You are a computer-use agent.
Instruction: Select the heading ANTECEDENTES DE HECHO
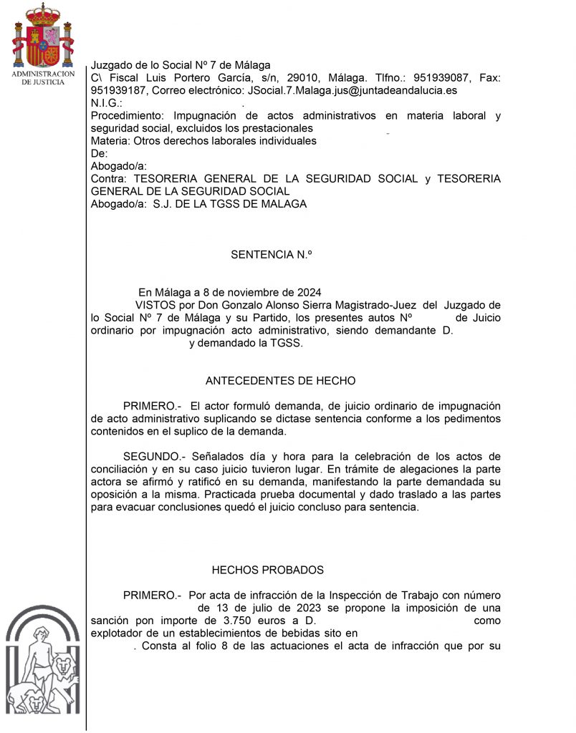pos(280,381)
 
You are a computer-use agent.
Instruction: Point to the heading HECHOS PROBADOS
pos(267,570)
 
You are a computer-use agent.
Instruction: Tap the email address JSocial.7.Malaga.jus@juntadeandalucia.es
pos(351,91)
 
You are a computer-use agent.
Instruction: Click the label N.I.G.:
pos(107,103)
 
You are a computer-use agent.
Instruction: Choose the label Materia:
pos(110,141)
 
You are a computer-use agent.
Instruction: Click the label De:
pos(99,154)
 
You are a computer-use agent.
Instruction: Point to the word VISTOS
pos(164,305)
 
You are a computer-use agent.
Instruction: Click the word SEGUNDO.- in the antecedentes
pos(154,456)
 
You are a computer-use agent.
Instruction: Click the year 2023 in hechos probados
pos(286,608)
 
